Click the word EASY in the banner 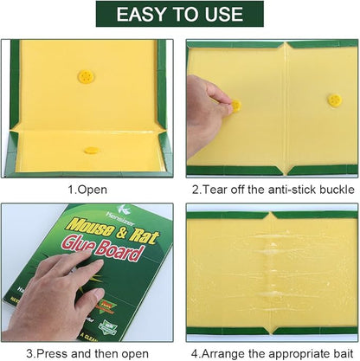(x=145, y=15)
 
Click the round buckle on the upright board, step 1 (x=86, y=76)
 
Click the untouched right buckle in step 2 (x=334, y=100)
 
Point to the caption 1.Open (x=89, y=188)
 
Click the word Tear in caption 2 (x=221, y=188)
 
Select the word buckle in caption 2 (x=333, y=188)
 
